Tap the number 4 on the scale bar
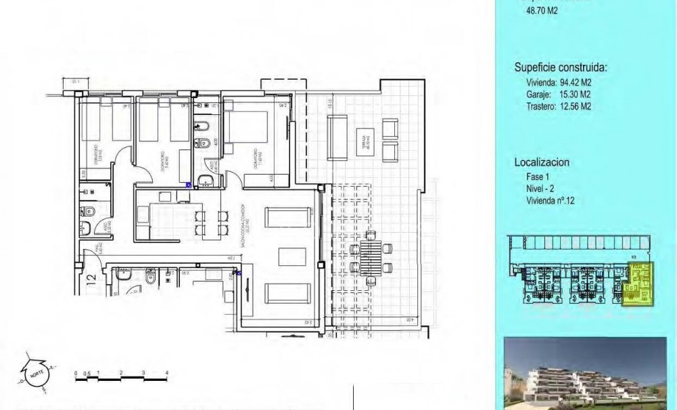(166, 373)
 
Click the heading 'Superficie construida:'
(561, 68)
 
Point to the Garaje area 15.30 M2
(553, 94)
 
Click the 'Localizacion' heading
(542, 162)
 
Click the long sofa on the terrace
(337, 137)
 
